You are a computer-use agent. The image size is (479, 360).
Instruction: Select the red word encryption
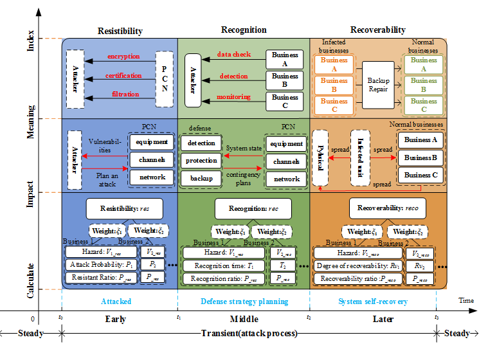[123, 57]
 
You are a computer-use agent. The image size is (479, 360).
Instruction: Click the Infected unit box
[361, 157]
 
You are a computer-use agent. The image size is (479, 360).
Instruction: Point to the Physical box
[320, 157]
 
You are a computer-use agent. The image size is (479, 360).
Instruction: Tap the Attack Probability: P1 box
[100, 264]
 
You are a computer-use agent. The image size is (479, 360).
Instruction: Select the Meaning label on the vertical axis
[30, 121]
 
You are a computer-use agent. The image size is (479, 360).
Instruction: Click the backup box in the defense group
[201, 178]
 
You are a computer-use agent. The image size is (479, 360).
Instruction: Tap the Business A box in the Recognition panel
[285, 60]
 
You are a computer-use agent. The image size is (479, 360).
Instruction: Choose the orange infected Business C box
[334, 105]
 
